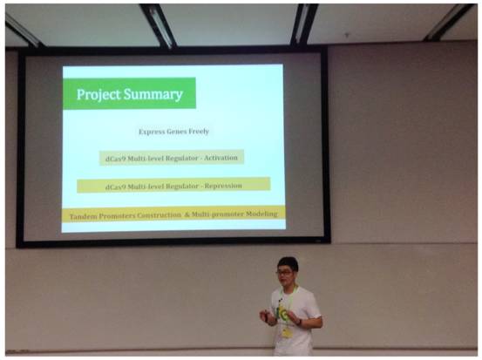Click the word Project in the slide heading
(98, 94)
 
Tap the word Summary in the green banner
(153, 94)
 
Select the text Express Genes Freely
(173, 132)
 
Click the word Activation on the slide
(221, 158)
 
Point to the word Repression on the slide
(223, 186)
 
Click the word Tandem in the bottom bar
(83, 216)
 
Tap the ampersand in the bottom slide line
(187, 214)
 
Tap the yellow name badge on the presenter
(287, 333)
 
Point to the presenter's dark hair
(288, 263)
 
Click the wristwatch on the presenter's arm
(300, 322)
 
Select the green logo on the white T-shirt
(282, 314)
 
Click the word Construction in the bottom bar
(159, 215)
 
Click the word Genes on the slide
(175, 132)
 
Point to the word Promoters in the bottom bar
(117, 216)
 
